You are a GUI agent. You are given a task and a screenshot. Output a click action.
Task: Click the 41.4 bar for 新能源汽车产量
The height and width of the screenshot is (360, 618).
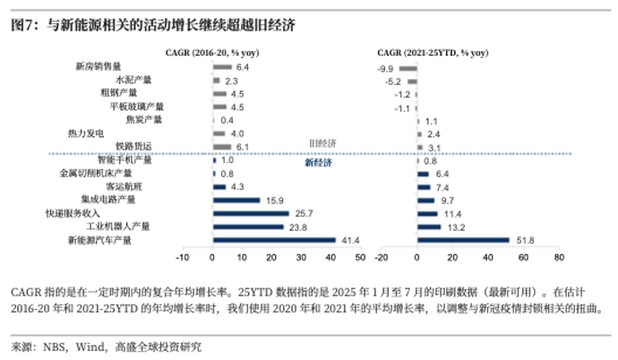272,240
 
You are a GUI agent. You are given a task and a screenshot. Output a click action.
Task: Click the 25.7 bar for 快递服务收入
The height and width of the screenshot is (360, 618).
250,214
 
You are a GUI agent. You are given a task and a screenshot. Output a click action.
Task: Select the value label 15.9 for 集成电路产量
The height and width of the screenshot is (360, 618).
272,201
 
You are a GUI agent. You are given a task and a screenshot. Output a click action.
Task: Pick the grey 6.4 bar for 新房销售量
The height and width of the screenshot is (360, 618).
222,67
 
